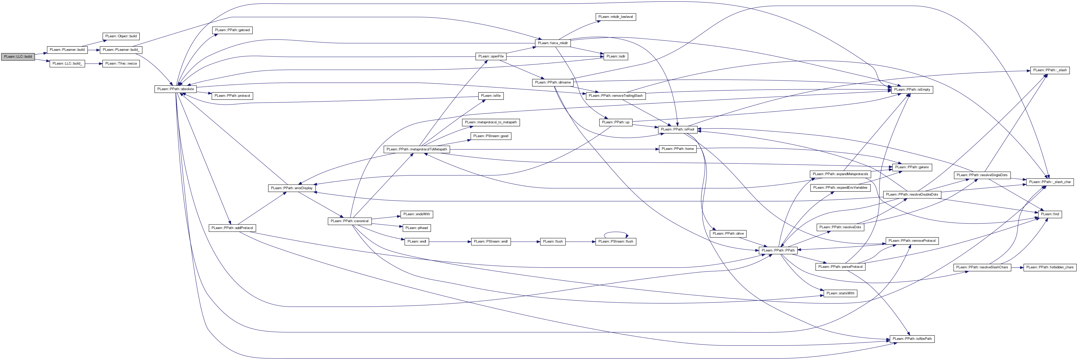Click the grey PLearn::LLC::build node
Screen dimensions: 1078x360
[18, 56]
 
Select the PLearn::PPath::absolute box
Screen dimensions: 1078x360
[175, 89]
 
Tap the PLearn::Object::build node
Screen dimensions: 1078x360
[121, 37]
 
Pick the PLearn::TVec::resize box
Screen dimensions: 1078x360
[121, 64]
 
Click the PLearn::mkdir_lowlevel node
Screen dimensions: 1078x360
[616, 17]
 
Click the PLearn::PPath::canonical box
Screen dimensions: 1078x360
[349, 221]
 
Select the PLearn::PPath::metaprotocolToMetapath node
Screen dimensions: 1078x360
[417, 149]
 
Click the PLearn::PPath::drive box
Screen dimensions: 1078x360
[728, 234]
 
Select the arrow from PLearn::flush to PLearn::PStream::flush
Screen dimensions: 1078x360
[580, 242]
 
